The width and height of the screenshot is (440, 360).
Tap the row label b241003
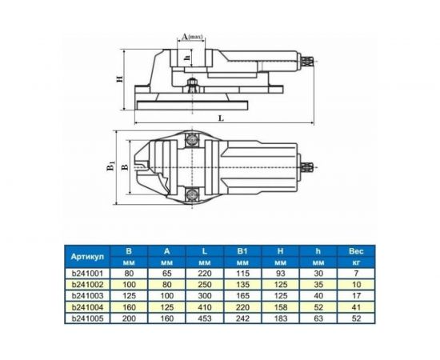(x=89, y=295)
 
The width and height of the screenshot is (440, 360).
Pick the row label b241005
(x=89, y=317)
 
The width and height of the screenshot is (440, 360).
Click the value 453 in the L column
(x=205, y=317)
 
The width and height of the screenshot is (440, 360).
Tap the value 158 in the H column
(x=280, y=306)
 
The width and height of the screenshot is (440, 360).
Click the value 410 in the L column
(x=205, y=306)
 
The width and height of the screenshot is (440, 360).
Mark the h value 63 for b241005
(x=318, y=317)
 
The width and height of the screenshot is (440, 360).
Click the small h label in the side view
(x=186, y=57)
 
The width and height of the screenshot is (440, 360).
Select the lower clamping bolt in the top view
(x=192, y=194)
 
